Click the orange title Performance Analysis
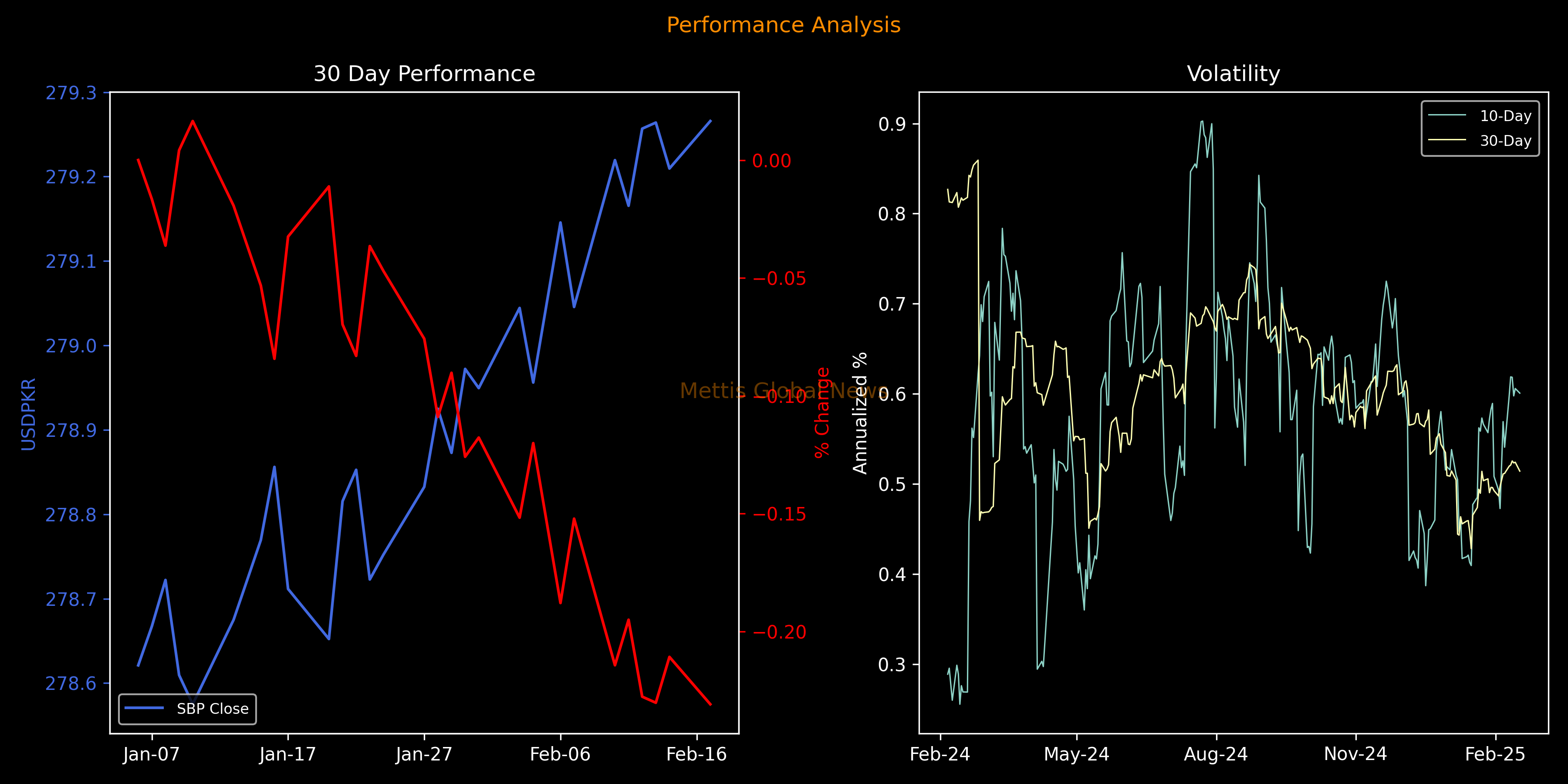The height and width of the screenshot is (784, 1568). [784, 25]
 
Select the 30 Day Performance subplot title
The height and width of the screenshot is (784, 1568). [424, 74]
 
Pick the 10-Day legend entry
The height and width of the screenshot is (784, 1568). [1505, 116]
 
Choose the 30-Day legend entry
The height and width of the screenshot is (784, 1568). [1505, 141]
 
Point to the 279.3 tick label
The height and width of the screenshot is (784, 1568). [71, 93]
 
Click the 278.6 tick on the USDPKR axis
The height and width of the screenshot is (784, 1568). [71, 683]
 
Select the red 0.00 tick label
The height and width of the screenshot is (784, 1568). [772, 161]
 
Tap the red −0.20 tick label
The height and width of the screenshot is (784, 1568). [779, 632]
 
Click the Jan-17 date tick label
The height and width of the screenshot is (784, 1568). [287, 755]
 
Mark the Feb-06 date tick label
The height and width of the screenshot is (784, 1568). [560, 755]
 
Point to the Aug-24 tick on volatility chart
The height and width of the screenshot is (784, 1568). [1216, 755]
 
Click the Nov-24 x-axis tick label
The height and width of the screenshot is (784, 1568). [1355, 755]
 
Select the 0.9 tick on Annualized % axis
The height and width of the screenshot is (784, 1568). [892, 124]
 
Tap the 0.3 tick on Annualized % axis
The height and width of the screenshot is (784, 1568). [892, 665]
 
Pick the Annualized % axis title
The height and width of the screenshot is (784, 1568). [859, 413]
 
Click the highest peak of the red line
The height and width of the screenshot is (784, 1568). [193, 121]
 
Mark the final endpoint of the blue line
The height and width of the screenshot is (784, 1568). [710, 121]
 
